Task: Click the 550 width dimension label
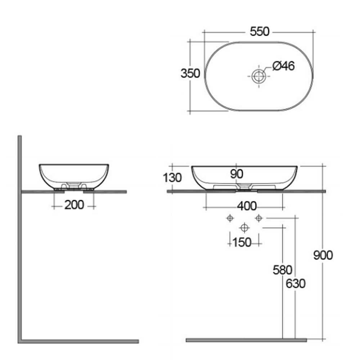click(x=259, y=32)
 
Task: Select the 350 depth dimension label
click(x=190, y=73)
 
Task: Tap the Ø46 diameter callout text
click(x=284, y=66)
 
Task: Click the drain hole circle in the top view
click(x=258, y=76)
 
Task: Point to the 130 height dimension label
click(x=172, y=178)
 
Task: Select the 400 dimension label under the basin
click(x=247, y=206)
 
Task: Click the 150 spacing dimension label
click(x=242, y=243)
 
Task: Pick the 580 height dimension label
click(x=283, y=270)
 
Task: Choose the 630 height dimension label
click(x=296, y=284)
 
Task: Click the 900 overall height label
click(x=323, y=255)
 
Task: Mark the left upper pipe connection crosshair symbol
click(x=229, y=218)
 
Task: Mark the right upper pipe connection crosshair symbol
click(x=258, y=218)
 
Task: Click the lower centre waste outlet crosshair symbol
click(x=244, y=228)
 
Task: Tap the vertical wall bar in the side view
click(x=20, y=238)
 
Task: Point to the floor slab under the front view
click(x=246, y=340)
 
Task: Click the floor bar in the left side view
click(x=79, y=341)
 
